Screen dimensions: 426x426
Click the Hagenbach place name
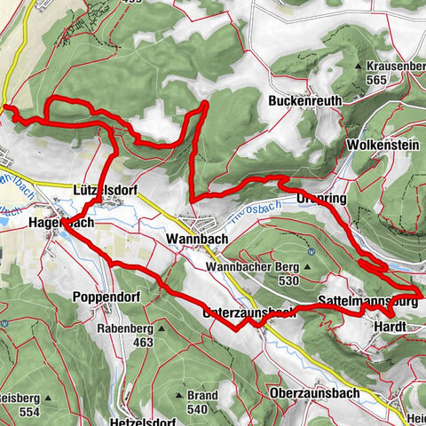coord(61,225)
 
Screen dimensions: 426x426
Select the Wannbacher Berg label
coord(251,266)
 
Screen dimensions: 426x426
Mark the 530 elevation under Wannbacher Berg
coord(286,280)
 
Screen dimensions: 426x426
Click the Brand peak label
coord(203,396)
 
